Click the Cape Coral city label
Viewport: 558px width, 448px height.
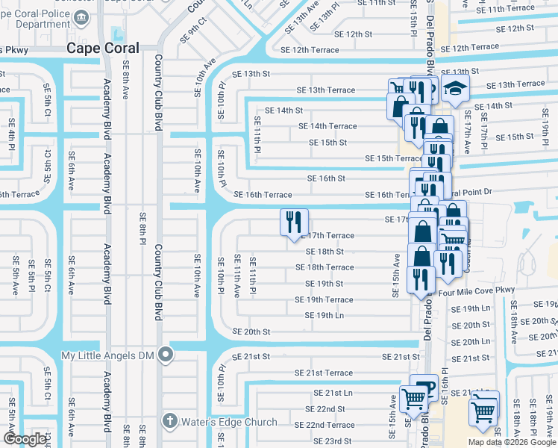[x=104, y=47]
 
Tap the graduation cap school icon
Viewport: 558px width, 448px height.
[x=454, y=88]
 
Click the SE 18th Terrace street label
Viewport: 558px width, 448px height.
[x=325, y=267]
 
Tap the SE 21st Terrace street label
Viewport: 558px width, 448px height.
[x=323, y=373]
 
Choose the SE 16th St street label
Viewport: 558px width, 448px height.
[x=326, y=178]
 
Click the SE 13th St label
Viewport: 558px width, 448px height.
[x=251, y=74]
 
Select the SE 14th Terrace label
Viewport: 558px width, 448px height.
[x=327, y=126]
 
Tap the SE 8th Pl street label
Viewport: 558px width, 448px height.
[x=141, y=228]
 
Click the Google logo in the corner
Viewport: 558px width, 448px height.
[x=25, y=439]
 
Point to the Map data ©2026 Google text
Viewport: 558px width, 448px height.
[x=512, y=442]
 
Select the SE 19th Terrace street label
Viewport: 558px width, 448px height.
[x=324, y=299]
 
